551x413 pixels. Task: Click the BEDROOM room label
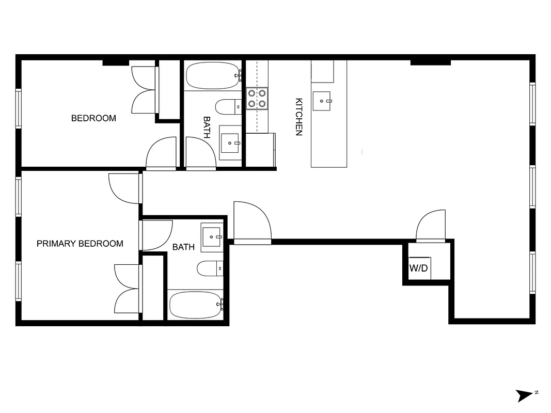coord(93,118)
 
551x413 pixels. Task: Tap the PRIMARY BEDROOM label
coord(80,244)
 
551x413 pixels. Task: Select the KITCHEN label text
coord(298,117)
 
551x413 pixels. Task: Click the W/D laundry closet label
coord(418,268)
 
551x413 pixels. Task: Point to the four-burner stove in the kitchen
coord(257,98)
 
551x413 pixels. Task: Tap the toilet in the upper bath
coord(227,107)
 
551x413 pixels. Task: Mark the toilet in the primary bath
coord(209,268)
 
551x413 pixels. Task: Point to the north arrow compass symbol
coord(526,395)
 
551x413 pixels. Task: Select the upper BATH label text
coord(207,127)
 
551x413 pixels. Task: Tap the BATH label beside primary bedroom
coord(183,247)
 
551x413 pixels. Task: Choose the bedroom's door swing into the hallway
coord(162,154)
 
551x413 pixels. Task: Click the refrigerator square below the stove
coord(260,150)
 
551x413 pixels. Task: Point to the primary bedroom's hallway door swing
coord(125,188)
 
